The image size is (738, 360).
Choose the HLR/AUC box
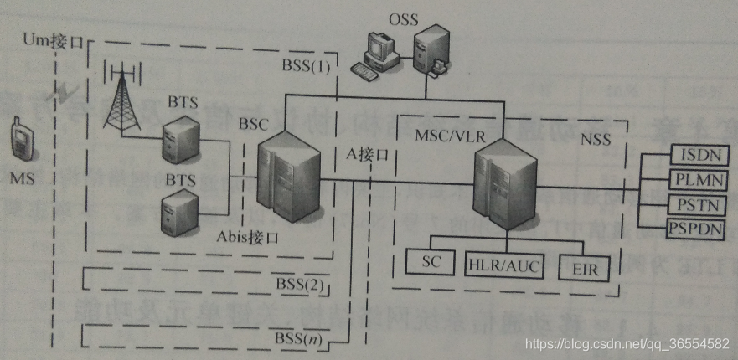(x=503, y=265)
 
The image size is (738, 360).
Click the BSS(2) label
(x=299, y=285)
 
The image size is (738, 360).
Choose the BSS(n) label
(x=297, y=339)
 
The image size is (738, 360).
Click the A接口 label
(x=368, y=155)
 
